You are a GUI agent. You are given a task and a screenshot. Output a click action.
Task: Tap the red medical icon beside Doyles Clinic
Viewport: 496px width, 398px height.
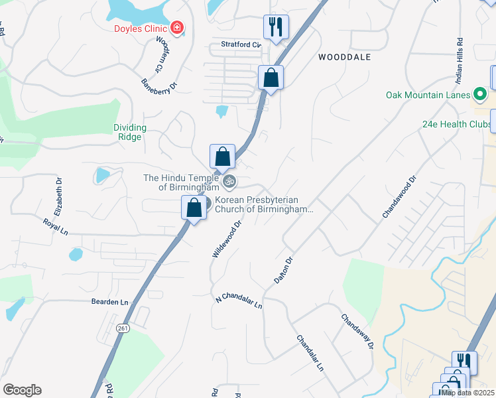click(177, 28)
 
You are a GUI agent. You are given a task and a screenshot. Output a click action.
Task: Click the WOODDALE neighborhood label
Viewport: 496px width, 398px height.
click(344, 58)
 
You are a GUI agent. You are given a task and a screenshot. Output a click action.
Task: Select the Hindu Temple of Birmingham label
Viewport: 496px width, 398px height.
click(181, 182)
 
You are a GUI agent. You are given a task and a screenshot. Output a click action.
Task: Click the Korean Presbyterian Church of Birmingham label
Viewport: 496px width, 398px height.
click(263, 204)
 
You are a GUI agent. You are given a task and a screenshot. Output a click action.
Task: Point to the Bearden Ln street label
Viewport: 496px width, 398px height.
click(109, 302)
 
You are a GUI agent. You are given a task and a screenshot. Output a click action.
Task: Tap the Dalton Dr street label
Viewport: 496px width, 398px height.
click(283, 271)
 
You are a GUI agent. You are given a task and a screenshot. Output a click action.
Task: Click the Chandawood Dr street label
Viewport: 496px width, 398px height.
click(399, 197)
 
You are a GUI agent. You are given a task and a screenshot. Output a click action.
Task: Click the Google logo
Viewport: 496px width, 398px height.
click(22, 390)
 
